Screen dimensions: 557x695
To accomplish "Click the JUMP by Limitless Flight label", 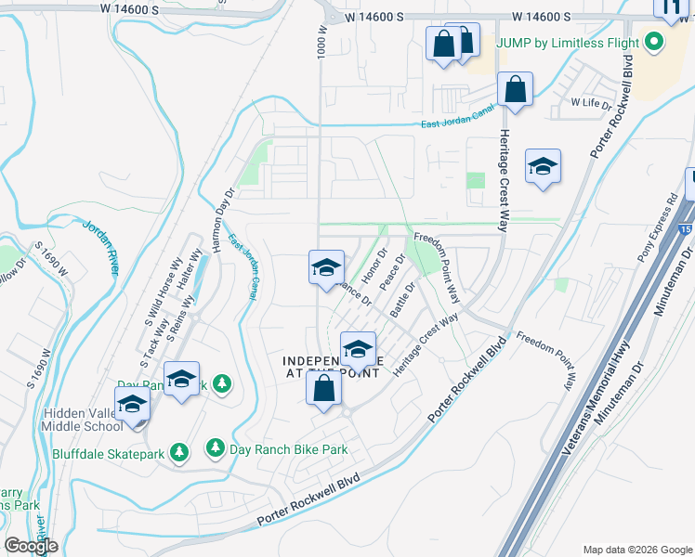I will (x=568, y=43).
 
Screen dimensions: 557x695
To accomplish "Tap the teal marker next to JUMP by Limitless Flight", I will (x=655, y=43).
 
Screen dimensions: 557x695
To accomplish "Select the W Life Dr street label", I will (x=592, y=104).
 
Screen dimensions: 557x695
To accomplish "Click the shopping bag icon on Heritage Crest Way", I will (x=515, y=90).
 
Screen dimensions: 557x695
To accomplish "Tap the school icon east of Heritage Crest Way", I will (x=543, y=167).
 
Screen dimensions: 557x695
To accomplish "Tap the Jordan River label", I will (x=100, y=241).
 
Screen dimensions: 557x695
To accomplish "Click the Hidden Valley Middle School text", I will (x=83, y=419).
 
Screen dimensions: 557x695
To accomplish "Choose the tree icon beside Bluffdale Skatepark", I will (x=179, y=452).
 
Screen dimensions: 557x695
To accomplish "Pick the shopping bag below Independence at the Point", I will (x=323, y=388).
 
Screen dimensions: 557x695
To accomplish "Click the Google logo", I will (x=32, y=545).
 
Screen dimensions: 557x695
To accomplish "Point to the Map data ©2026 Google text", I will (x=636, y=549).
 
